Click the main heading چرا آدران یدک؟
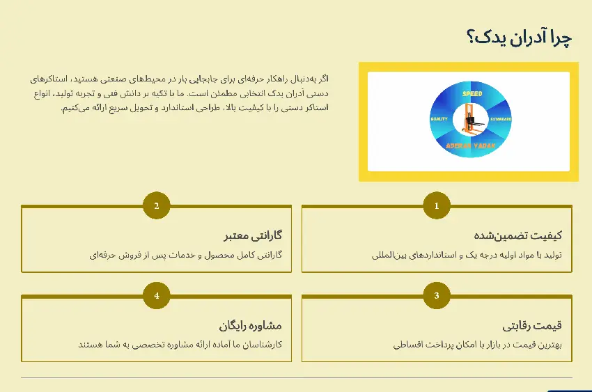[x=518, y=37]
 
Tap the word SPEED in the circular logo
[x=472, y=93]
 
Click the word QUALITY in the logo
[x=439, y=120]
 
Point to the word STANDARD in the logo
[x=501, y=120]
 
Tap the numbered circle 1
[x=437, y=205]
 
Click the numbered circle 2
[x=157, y=205]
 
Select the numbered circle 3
[x=437, y=295]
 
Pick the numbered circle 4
[x=157, y=295]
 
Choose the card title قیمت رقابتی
[x=532, y=325]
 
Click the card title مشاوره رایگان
[x=250, y=325]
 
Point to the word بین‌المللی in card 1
[x=391, y=255]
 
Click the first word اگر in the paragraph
[x=321, y=78]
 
